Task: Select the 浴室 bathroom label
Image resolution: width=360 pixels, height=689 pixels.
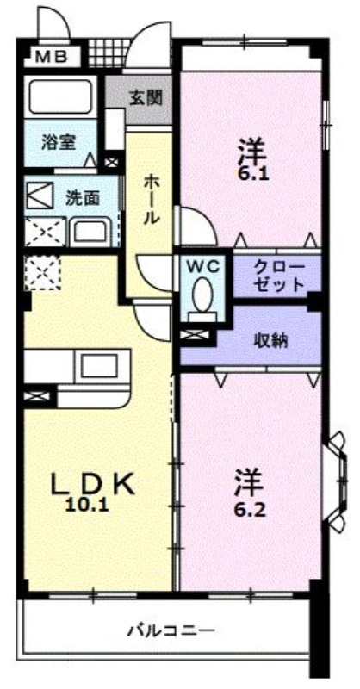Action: click(59, 142)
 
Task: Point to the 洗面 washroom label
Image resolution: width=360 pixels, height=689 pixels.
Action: click(83, 199)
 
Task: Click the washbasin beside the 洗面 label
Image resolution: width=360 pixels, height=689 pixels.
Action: click(91, 231)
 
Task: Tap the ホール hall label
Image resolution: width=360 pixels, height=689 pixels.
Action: click(151, 199)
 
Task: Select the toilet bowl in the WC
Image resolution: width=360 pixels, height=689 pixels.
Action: click(202, 295)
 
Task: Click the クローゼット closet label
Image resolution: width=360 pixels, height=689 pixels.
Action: click(280, 276)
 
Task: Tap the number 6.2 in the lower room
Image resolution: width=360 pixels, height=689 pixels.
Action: click(249, 510)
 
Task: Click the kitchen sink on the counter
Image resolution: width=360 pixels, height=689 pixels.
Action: click(98, 367)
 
